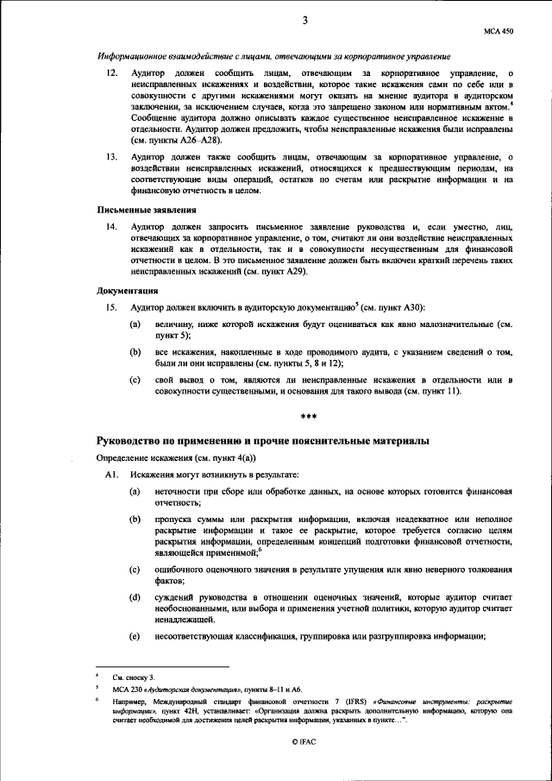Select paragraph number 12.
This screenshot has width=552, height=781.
click(x=111, y=75)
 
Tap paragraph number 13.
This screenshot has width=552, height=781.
click(x=111, y=158)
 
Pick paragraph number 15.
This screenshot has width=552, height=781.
click(x=111, y=307)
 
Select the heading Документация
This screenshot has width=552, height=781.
click(x=126, y=291)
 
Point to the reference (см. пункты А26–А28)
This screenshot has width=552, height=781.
click(x=179, y=139)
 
